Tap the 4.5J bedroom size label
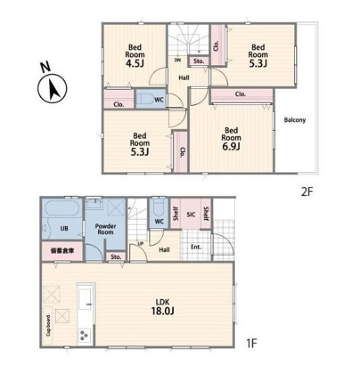[x=135, y=63]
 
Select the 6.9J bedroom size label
[x=231, y=146]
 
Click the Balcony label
[x=295, y=120]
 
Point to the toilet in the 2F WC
[x=145, y=99]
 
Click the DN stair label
[x=178, y=60]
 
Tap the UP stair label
[x=141, y=244]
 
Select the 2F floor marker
[x=307, y=192]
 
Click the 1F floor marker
[x=252, y=343]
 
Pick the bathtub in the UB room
[x=63, y=209]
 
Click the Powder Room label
[x=106, y=229]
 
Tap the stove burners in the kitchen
[x=84, y=335]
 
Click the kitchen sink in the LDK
[x=85, y=299]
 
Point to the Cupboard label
[x=48, y=326]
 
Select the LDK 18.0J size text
[x=163, y=306]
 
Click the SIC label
[x=190, y=215]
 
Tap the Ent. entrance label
[x=196, y=247]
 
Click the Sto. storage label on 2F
[x=199, y=61]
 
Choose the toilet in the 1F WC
[x=159, y=209]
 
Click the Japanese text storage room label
[x=63, y=250]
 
